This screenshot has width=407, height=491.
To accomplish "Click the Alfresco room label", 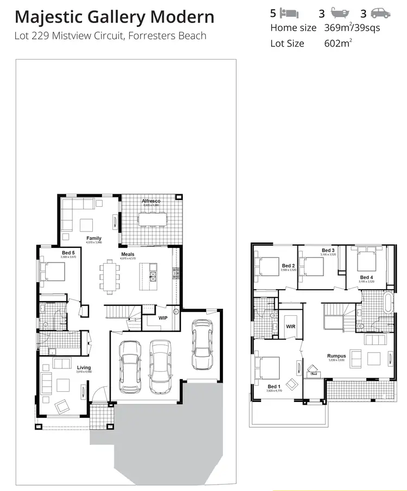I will pyautogui.click(x=151, y=201).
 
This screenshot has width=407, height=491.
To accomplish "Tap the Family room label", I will pyautogui.click(x=94, y=238).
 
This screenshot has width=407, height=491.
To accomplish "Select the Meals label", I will pyautogui.click(x=128, y=254).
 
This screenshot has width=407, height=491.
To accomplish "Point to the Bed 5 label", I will pyautogui.click(x=68, y=253).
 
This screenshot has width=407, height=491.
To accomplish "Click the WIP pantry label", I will pyautogui.click(x=163, y=318).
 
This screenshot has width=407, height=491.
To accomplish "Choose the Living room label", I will pyautogui.click(x=84, y=367).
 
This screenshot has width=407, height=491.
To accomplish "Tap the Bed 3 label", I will pyautogui.click(x=328, y=250).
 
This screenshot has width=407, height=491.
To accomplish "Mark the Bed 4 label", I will pyautogui.click(x=366, y=278).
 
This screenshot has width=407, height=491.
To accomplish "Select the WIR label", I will pyautogui.click(x=290, y=327).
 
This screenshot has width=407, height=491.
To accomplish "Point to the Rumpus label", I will pyautogui.click(x=336, y=356).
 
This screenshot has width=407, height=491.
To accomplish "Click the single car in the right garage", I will pyautogui.click(x=202, y=346).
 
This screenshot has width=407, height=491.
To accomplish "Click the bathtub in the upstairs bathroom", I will pyautogui.click(x=387, y=303).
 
